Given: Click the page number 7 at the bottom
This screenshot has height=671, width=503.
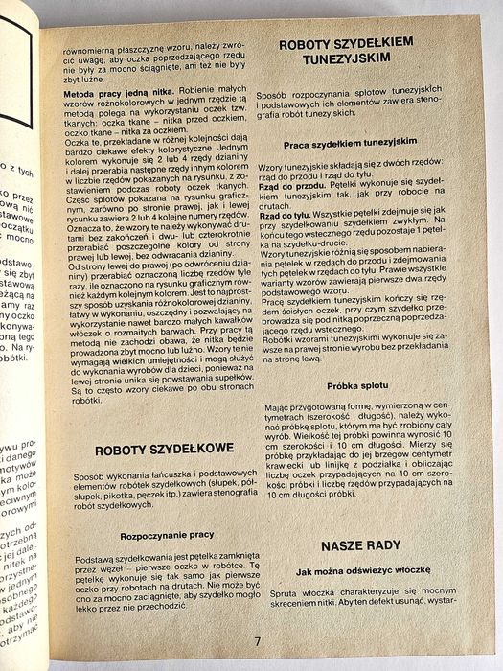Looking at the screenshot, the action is (256, 641).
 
